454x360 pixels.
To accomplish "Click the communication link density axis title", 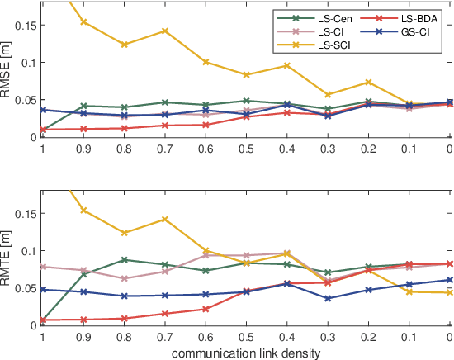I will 245,352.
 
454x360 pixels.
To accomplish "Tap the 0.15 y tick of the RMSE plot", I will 25,26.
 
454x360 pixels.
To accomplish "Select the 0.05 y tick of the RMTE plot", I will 25,287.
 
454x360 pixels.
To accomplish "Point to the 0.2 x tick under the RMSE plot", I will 368,149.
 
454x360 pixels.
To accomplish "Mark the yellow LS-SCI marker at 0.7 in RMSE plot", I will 164,31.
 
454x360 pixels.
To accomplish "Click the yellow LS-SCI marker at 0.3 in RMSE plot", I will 328,95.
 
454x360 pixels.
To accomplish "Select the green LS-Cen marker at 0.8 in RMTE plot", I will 124,260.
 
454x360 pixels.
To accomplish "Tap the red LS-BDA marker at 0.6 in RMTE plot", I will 205,309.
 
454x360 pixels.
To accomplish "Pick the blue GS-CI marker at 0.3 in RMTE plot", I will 328,298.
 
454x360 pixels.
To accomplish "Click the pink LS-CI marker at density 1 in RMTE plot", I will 42,267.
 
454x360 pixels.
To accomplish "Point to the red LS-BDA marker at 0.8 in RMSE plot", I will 124,128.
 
